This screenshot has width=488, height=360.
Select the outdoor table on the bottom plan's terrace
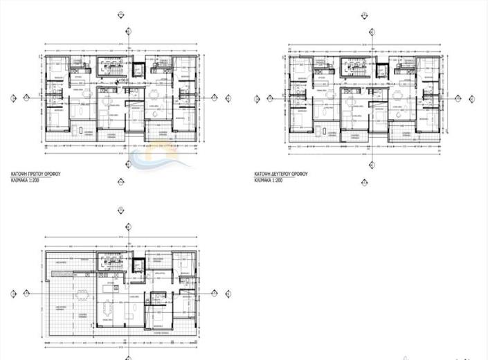pyautogui.click(x=81, y=291)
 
